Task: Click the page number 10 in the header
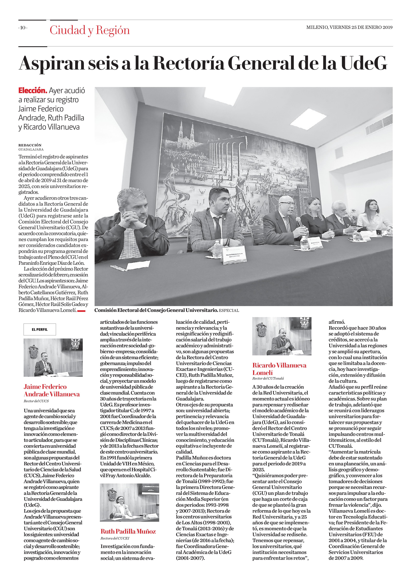coord(23,28)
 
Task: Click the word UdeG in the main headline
coord(364,63)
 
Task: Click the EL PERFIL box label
coord(40,329)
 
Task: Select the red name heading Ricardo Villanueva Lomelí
coord(279,369)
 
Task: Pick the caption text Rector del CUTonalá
coord(268,378)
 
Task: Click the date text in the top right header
coord(349,27)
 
